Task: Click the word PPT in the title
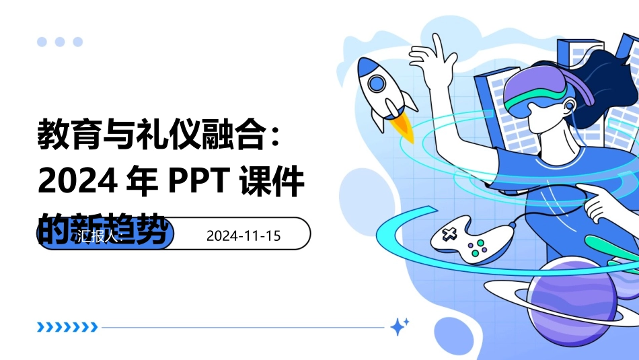tap(195, 182)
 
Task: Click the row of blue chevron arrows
tap(67, 328)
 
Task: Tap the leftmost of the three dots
tap(42, 42)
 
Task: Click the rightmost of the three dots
tap(77, 42)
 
